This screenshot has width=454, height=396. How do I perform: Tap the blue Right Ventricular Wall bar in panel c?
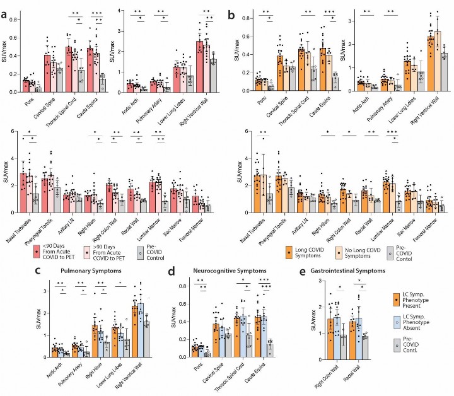click(x=158, y=331)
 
